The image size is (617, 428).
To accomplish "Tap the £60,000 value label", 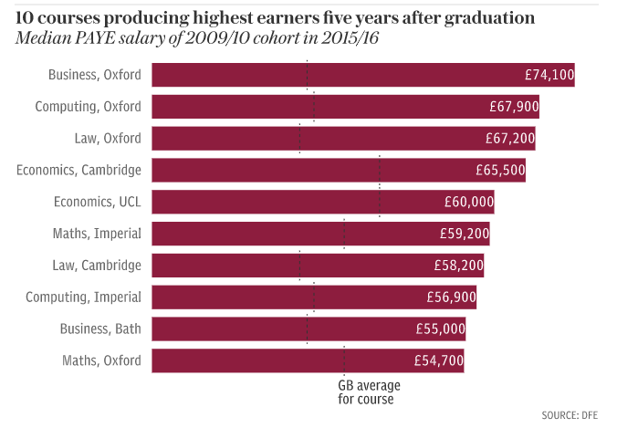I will (469, 202).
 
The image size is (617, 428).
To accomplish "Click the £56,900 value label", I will (451, 298).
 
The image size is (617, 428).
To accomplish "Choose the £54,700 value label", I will (439, 360).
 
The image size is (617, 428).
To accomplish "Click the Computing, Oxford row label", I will (88, 107).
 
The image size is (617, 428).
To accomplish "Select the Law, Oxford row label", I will (109, 139).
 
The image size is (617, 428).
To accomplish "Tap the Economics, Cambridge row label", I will (79, 170).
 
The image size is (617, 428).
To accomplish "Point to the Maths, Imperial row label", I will (97, 234).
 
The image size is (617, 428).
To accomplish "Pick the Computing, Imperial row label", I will (83, 298).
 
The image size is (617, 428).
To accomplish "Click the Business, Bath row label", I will (100, 329).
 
